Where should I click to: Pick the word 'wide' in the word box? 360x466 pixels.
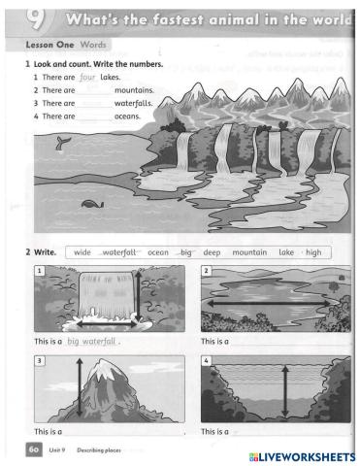[82, 252]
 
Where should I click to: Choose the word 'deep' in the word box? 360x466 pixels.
[213, 252]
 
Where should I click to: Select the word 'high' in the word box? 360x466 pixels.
[312, 252]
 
